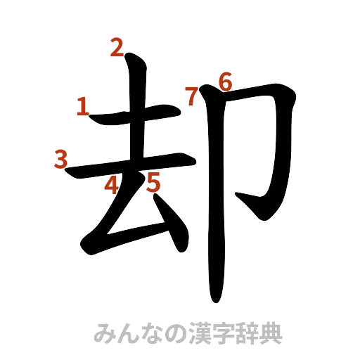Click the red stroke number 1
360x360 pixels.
[x=82, y=107]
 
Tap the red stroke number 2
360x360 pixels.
[x=116, y=48]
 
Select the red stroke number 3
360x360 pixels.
[x=60, y=158]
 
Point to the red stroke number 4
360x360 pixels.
[x=111, y=184]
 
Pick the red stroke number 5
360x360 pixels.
[x=154, y=183]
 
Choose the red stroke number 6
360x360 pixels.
[x=225, y=80]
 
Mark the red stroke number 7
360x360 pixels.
[x=191, y=96]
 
